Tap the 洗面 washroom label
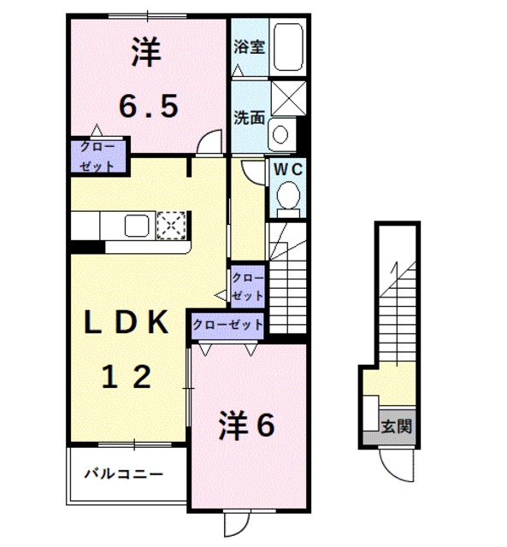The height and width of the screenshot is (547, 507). pyautogui.click(x=249, y=118)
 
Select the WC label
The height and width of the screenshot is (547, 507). pyautogui.click(x=287, y=169)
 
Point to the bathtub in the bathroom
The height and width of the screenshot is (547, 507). pyautogui.click(x=289, y=48)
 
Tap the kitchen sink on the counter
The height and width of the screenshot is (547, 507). pyautogui.click(x=138, y=226)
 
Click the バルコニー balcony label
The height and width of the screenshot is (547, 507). pyautogui.click(x=123, y=473)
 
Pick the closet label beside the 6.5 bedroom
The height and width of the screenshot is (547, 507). pyautogui.click(x=98, y=156)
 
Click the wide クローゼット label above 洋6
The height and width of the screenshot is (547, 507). pyautogui.click(x=227, y=325)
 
